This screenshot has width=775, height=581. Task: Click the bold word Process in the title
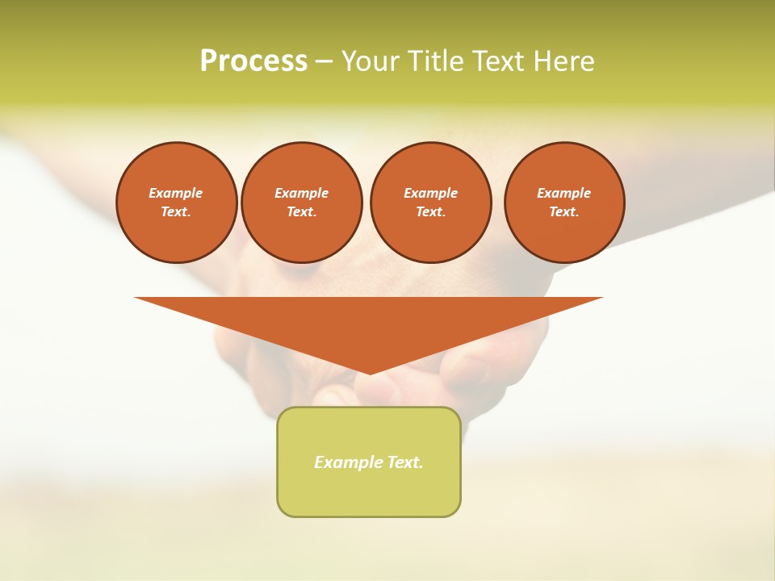coord(253,61)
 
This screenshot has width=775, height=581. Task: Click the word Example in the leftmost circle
coord(176,193)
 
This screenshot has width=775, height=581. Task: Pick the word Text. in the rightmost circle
coord(564,211)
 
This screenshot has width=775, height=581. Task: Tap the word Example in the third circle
coord(430,193)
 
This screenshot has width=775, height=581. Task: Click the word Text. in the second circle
coord(302,211)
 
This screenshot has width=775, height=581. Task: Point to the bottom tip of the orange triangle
coord(370,372)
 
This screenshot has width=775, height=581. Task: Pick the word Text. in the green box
coord(406,462)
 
